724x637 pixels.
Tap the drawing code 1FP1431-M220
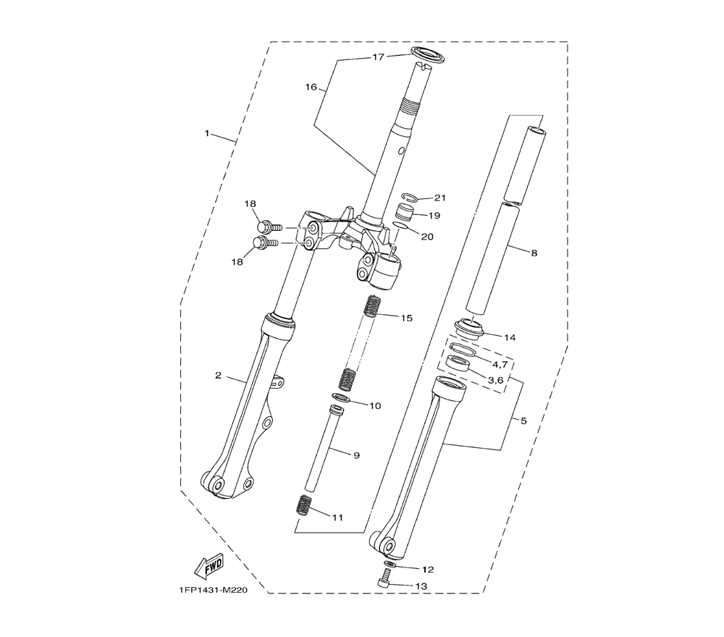pyautogui.click(x=210, y=591)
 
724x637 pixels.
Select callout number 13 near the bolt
pyautogui.click(x=421, y=586)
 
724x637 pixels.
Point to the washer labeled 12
pyautogui.click(x=390, y=565)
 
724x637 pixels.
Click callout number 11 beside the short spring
pyautogui.click(x=337, y=518)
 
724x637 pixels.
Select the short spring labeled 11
pyautogui.click(x=303, y=504)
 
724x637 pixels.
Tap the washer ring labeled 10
pyautogui.click(x=341, y=397)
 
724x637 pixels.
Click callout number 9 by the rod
pyautogui.click(x=356, y=455)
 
